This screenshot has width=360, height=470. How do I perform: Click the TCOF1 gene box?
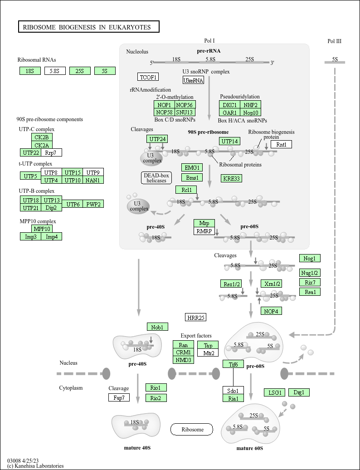pyautogui.click(x=148, y=77)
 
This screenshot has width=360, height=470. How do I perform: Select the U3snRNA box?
pyautogui.click(x=193, y=80)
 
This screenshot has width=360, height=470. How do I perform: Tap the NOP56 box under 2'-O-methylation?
pyautogui.click(x=185, y=104)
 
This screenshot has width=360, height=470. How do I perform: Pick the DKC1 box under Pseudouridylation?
pyautogui.click(x=230, y=104)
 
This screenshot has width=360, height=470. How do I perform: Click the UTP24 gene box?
pyautogui.click(x=157, y=139)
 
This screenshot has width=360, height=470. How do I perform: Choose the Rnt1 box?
pyautogui.click(x=281, y=144)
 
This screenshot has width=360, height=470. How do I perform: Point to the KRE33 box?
pyautogui.click(x=231, y=178)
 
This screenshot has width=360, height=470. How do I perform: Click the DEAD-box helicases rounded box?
pyautogui.click(x=156, y=178)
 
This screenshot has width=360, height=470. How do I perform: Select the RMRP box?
pyautogui.click(x=204, y=231)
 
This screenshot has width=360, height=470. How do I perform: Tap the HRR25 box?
pyautogui.click(x=195, y=318)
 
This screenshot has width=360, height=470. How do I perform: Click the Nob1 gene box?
pyautogui.click(x=157, y=327)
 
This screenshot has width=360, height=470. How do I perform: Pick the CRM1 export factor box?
pyautogui.click(x=183, y=352)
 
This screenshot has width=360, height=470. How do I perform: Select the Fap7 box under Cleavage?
pyautogui.click(x=119, y=397)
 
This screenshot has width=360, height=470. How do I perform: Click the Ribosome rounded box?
pyautogui.click(x=192, y=429)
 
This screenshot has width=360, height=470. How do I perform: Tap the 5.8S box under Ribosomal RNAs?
pyautogui.click(x=55, y=71)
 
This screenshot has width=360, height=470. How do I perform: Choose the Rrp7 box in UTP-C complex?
pyautogui.click(x=51, y=152)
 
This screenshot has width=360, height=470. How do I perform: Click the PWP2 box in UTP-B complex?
pyautogui.click(x=93, y=204)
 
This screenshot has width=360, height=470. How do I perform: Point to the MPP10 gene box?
pyautogui.click(x=42, y=229)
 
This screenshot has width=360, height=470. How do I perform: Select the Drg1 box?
pyautogui.click(x=299, y=392)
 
